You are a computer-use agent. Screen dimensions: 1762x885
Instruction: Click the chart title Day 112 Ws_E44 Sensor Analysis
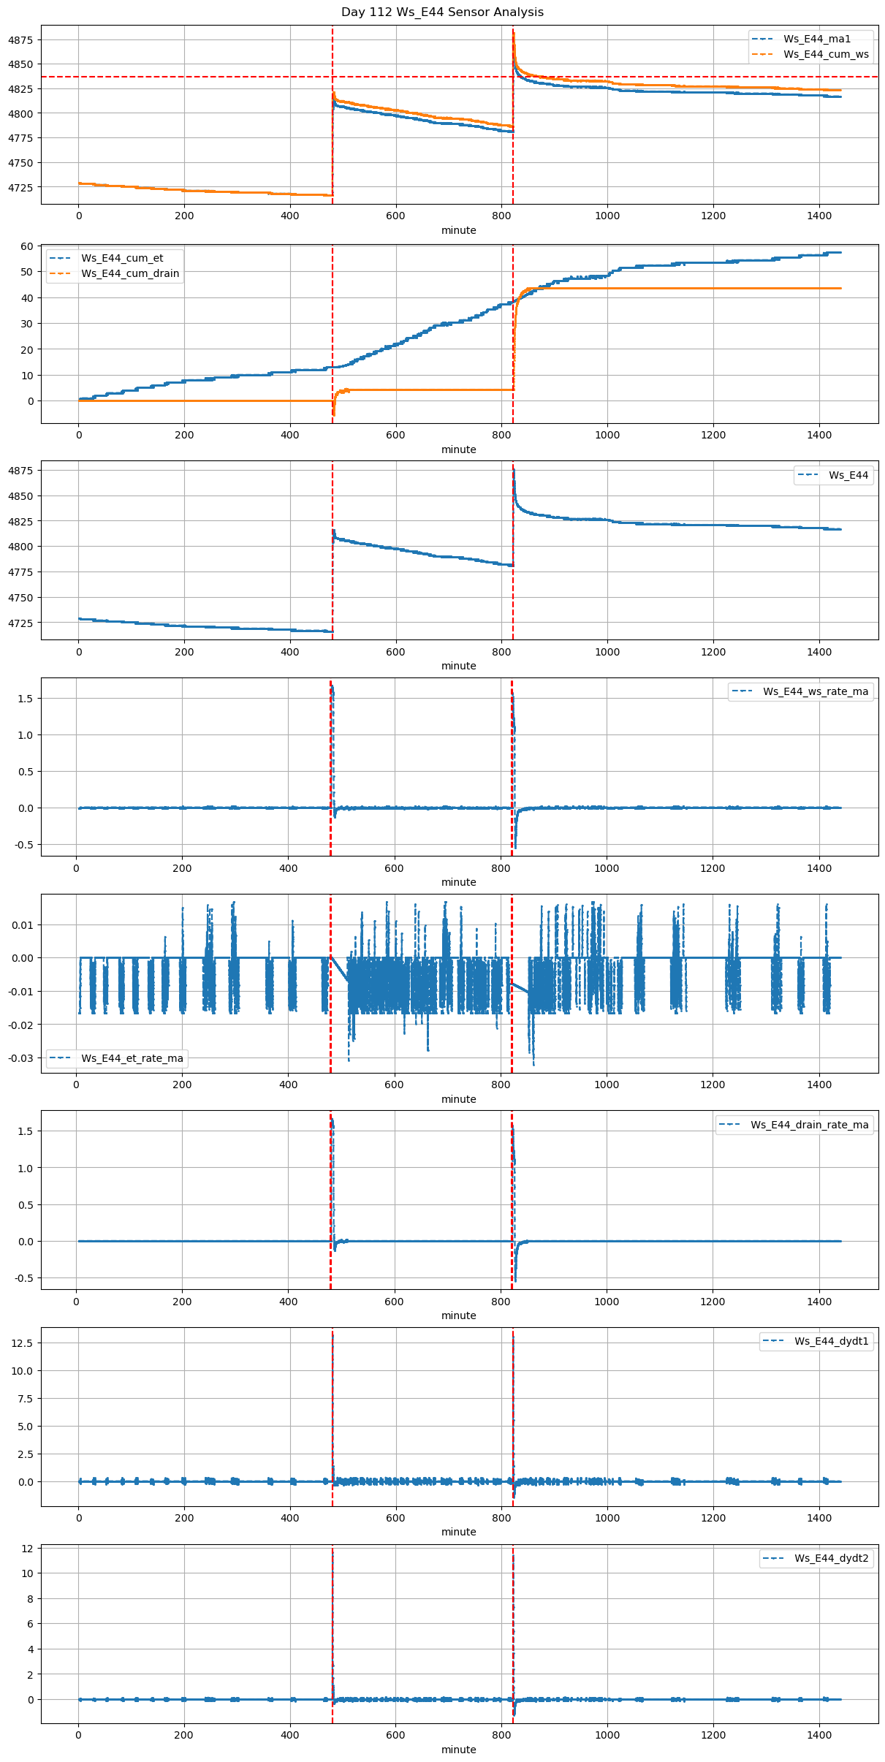pos(442,12)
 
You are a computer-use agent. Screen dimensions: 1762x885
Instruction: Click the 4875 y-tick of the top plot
pos(20,39)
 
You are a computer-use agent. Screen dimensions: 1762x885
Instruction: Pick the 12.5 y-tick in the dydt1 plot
pos(23,1343)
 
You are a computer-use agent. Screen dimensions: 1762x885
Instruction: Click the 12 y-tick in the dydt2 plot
pos(27,1548)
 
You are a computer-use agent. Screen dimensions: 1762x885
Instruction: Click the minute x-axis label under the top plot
pos(458,230)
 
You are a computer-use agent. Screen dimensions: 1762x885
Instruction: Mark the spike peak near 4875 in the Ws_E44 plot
pos(514,468)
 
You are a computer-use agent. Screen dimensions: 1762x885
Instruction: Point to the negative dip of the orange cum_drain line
pos(334,414)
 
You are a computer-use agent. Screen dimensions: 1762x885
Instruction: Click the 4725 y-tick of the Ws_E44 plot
pos(20,623)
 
